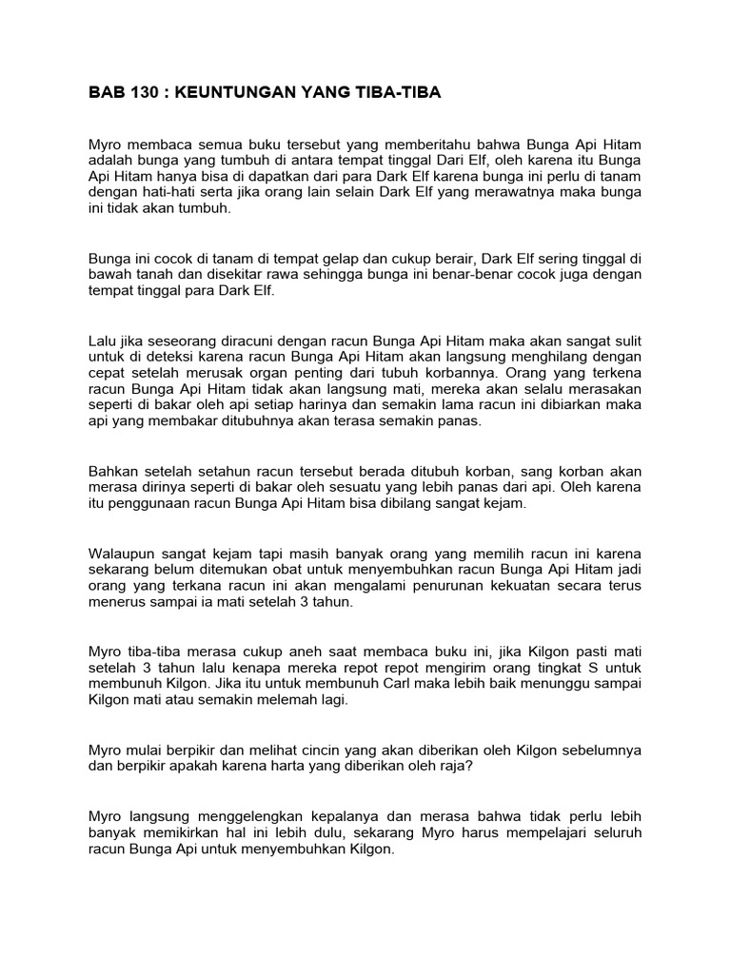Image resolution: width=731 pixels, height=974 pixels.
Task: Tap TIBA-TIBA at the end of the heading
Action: click(399, 92)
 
